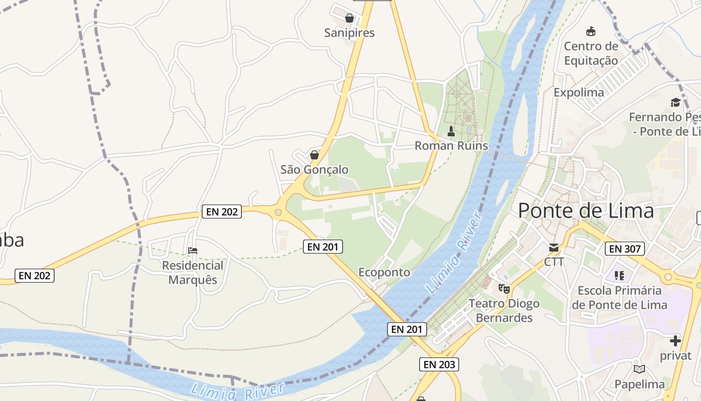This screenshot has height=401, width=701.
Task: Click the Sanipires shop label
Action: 349,33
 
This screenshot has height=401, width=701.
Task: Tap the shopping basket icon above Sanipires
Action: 349,19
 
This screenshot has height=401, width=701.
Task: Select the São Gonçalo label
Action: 314,170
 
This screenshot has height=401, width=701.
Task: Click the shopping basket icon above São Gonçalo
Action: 314,155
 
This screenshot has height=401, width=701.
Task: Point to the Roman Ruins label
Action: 451,146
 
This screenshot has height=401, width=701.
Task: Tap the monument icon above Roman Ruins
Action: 451,131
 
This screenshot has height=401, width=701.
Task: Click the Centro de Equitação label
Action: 591,54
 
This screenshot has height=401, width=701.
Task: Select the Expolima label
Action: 579,93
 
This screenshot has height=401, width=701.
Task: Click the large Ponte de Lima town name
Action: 586,211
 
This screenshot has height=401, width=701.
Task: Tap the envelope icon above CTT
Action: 554,248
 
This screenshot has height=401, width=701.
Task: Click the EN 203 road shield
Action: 439,364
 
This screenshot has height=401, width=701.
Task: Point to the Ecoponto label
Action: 384,273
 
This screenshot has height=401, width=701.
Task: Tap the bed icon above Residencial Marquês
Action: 193,250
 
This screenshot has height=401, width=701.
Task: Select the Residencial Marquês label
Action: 193,272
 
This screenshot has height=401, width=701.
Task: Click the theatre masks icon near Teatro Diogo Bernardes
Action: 504,288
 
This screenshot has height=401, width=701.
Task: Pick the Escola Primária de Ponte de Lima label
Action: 619,298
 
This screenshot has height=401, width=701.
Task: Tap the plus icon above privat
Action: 675,341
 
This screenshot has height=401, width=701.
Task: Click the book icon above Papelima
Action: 639,369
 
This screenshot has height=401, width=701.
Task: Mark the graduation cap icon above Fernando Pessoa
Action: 675,103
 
